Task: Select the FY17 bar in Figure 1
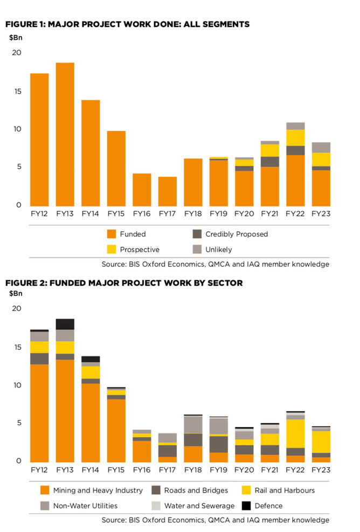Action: [167, 191]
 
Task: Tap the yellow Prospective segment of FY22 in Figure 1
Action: [295, 138]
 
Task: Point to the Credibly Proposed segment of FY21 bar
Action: [270, 162]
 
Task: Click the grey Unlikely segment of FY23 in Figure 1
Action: [321, 147]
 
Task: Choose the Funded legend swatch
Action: [112, 234]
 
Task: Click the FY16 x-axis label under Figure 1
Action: [142, 214]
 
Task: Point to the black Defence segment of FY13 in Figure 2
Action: [65, 324]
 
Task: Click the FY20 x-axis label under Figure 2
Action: [244, 470]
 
